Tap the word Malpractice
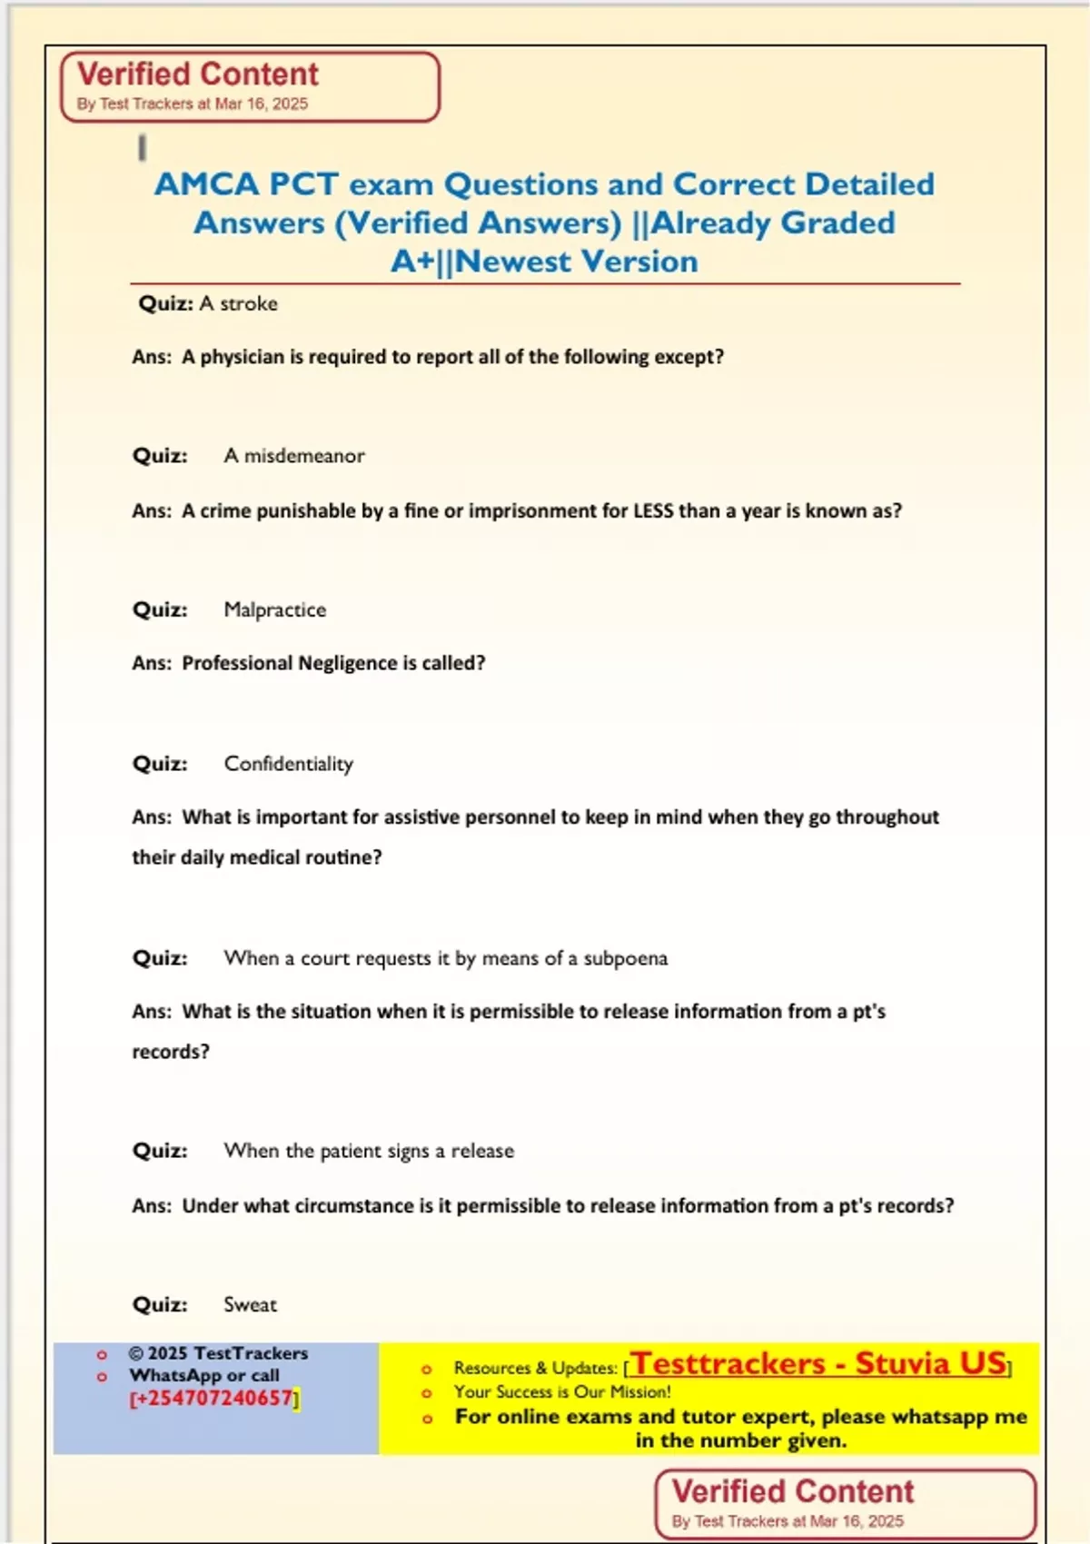274,609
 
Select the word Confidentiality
288,764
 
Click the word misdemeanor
304,456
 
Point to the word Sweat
250,1305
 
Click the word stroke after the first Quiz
249,303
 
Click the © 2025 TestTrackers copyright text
218,1353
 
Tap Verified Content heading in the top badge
198,74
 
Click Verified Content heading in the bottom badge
792,1491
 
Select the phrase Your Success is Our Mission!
562,1391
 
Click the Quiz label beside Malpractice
160,609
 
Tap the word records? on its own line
171,1052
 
